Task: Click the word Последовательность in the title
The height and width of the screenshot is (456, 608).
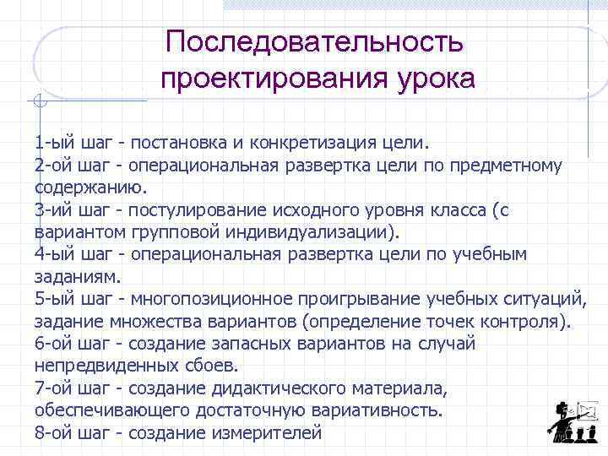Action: click(314, 41)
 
